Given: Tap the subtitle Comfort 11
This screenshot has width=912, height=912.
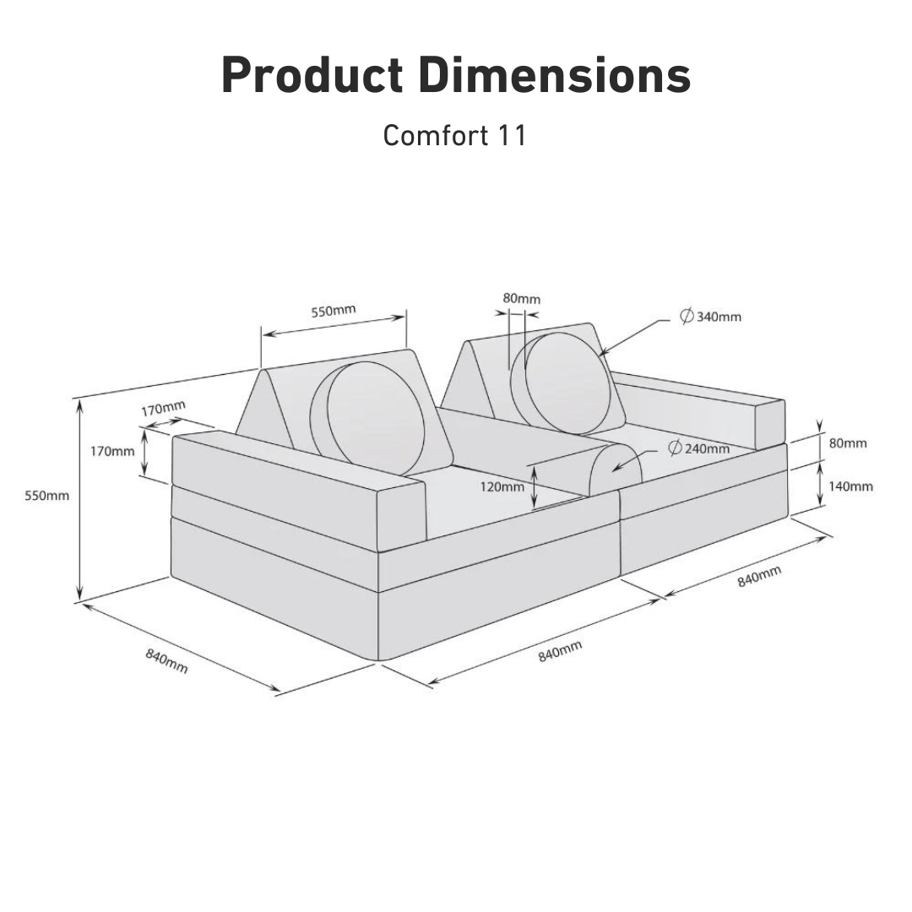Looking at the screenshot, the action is [455, 135].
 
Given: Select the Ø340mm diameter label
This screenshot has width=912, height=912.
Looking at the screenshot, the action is [711, 317].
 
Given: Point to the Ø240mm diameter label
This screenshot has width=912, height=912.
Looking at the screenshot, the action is [698, 448].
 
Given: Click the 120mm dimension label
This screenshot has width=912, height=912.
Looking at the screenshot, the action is [502, 486].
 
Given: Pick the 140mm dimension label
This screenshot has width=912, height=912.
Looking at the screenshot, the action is [850, 486].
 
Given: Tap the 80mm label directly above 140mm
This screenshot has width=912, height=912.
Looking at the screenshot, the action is [848, 443].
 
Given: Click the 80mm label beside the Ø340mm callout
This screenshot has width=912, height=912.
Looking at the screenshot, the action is [521, 298].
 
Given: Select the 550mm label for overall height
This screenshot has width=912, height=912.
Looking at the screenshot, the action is [46, 496].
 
